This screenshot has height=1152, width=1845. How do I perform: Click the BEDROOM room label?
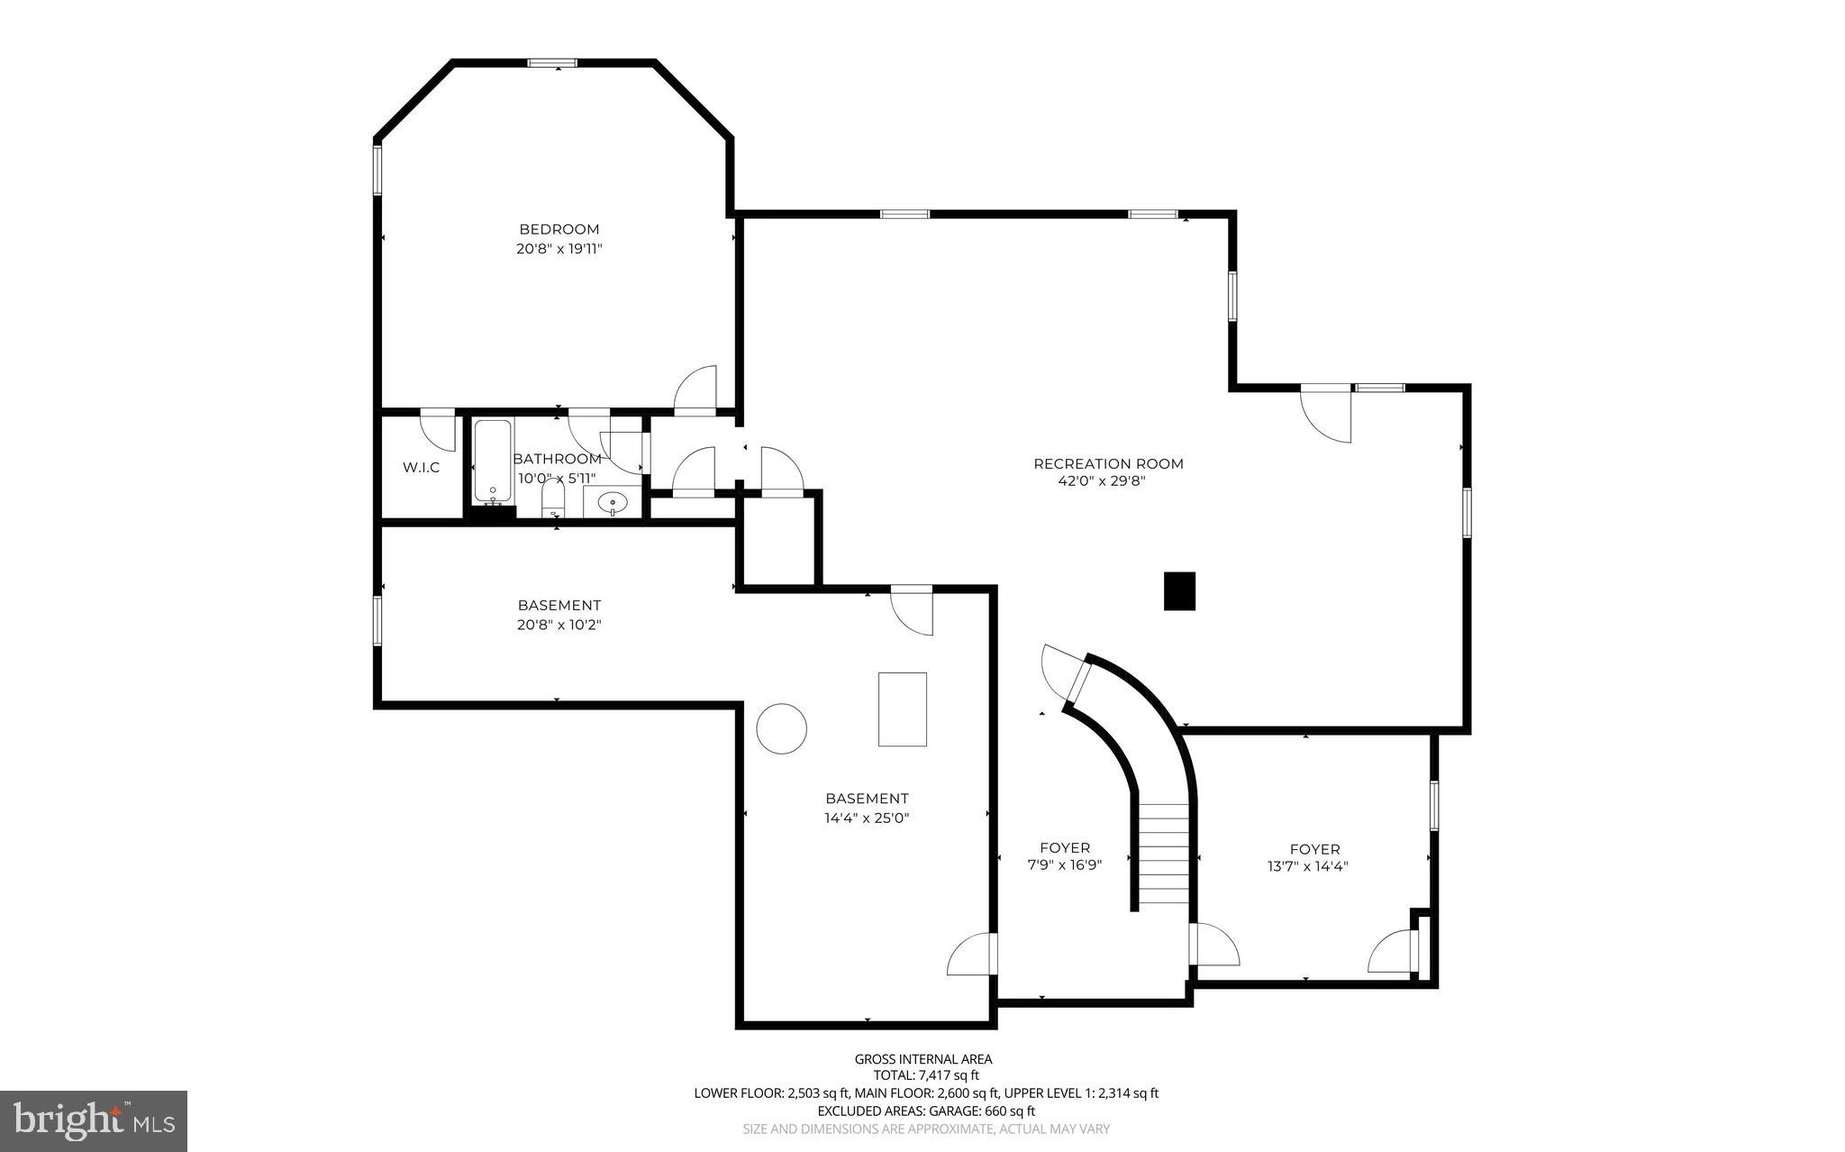(x=559, y=229)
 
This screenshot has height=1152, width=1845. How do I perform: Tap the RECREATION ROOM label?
(x=1108, y=463)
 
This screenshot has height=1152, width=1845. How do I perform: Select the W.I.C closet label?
(x=421, y=467)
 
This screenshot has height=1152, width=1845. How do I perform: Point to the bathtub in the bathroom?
(x=492, y=461)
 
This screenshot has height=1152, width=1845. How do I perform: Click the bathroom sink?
(x=613, y=501)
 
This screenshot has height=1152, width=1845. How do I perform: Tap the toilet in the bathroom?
(x=553, y=498)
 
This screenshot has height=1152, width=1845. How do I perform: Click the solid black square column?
(x=1179, y=591)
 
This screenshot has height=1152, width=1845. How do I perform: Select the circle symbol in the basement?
(x=781, y=727)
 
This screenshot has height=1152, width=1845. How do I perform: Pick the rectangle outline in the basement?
(x=903, y=709)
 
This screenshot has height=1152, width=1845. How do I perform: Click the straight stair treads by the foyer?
(x=1164, y=854)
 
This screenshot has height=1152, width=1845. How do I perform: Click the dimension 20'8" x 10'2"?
(x=559, y=624)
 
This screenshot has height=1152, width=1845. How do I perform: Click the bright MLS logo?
(x=94, y=1120)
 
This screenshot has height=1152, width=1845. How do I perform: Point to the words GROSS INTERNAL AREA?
(x=922, y=1059)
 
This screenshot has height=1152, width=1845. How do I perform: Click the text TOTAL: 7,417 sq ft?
(x=926, y=1075)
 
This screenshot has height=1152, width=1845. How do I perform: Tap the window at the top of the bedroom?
(x=552, y=63)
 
